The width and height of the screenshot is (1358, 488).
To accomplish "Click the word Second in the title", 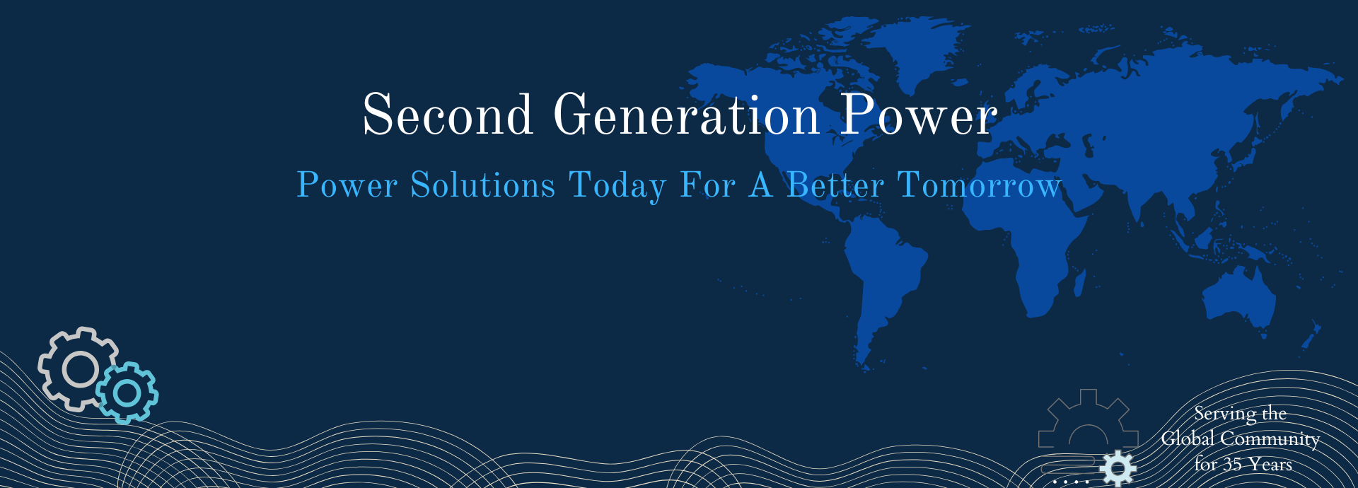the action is coord(447,115).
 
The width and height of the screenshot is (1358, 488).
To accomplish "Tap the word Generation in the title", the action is coord(686,115).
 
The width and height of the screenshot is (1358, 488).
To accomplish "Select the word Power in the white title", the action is coord(919,115).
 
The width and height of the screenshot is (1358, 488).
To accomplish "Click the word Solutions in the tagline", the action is coord(483,185).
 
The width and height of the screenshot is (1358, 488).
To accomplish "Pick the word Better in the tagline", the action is coord(835,185).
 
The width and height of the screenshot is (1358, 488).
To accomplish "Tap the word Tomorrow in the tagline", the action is coord(980,185).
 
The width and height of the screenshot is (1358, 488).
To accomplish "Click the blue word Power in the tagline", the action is coord(347,185).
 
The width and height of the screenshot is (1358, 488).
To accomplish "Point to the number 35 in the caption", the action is coord(1232,465).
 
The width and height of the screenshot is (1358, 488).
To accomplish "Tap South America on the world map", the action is coord(884,283).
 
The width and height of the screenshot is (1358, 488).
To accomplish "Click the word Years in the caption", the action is coord(1270,465).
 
